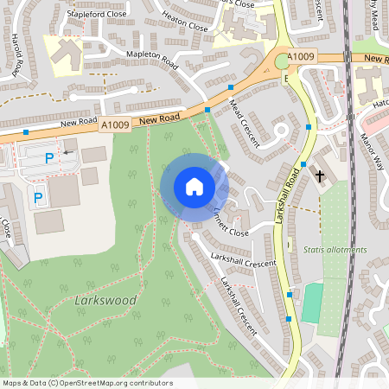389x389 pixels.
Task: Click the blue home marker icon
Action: pyautogui.click(x=194, y=186)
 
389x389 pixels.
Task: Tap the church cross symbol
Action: pyautogui.click(x=320, y=176)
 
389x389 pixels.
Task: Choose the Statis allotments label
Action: pyautogui.click(x=335, y=249)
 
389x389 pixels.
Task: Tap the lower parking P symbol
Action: pyautogui.click(x=38, y=198)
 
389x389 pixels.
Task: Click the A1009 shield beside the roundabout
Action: pyautogui.click(x=302, y=57)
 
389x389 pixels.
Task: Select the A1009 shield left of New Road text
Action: pyautogui.click(x=115, y=125)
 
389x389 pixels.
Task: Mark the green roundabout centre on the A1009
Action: pyautogui.click(x=282, y=61)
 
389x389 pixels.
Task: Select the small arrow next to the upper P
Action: pyautogui.click(x=67, y=153)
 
